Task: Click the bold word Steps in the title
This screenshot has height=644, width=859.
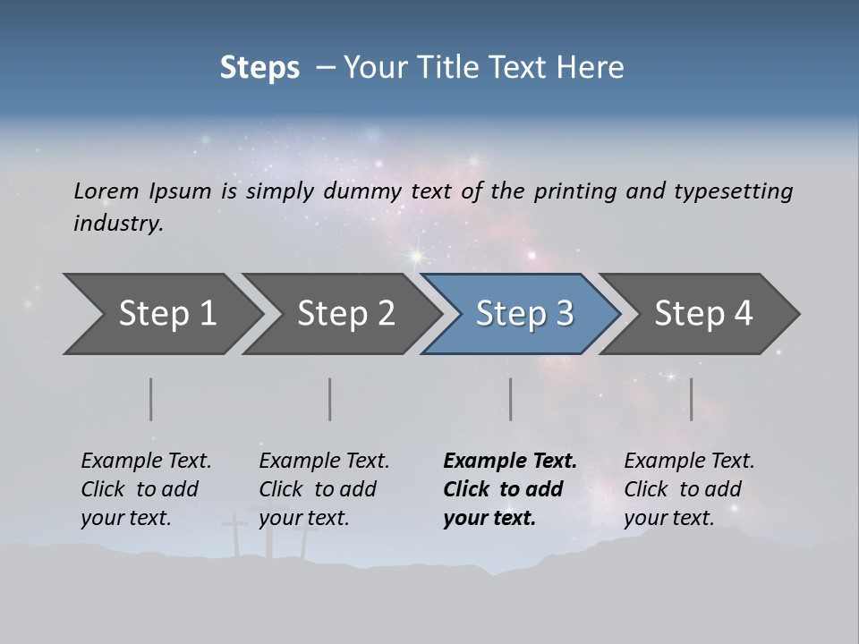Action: point(259,68)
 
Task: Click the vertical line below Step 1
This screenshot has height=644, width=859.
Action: point(151,399)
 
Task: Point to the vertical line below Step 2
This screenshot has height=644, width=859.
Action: point(330,399)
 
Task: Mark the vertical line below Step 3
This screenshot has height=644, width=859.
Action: point(510,399)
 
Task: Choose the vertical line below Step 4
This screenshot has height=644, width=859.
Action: point(691,399)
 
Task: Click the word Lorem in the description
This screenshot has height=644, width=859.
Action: point(106,191)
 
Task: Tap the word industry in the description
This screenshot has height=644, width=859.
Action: point(118,223)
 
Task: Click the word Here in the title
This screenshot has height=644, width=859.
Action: point(592,68)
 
